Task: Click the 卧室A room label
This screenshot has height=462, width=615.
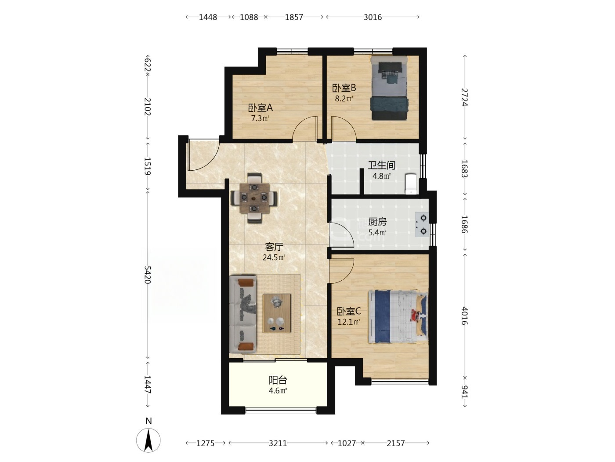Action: point(260,108)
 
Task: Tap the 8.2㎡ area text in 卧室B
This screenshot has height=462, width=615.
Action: point(344,99)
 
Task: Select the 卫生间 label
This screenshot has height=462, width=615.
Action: point(381,165)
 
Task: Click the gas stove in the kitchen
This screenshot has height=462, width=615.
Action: point(422,224)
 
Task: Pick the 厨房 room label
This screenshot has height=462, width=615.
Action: point(377,222)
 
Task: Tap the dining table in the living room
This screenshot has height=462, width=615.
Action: point(254,198)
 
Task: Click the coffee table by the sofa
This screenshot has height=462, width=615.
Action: point(277,314)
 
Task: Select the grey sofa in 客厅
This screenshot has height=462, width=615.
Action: point(242,314)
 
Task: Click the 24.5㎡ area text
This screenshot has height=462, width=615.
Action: point(274,257)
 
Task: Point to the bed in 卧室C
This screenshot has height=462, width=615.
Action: point(398,317)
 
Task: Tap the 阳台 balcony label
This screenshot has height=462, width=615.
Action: point(278,380)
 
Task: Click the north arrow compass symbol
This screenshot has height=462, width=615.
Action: point(148,440)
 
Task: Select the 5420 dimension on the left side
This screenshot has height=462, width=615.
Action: point(148,275)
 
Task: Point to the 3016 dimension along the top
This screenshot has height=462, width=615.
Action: point(373,17)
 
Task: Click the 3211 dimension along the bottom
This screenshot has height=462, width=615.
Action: point(278,443)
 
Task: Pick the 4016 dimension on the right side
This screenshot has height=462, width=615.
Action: point(464,316)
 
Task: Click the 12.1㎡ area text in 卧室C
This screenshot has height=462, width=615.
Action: point(349,322)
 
